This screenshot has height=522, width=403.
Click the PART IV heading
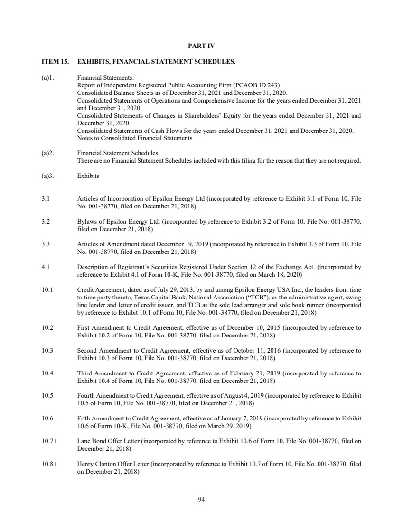point(201,46)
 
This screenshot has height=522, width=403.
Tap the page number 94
point(201,499)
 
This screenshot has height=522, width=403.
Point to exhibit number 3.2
point(46,222)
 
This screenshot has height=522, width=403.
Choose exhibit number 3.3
point(46,244)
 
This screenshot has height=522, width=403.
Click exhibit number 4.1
point(46,267)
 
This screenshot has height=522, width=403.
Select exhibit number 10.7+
point(49,441)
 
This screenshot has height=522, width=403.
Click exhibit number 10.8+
point(49,463)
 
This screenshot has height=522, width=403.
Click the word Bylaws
point(86,222)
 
